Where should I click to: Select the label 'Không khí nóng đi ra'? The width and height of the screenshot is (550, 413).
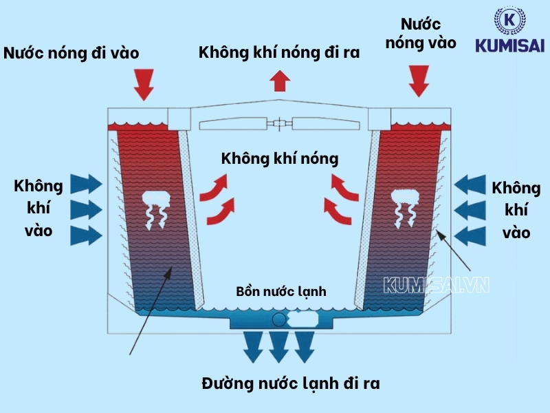tap(279, 52)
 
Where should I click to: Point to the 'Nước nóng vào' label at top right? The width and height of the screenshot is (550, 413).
tap(421, 33)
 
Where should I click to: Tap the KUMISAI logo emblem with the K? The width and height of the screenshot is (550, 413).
tap(510, 21)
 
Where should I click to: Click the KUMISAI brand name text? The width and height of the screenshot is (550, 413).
tap(510, 45)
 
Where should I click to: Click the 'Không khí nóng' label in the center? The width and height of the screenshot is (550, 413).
tap(280, 158)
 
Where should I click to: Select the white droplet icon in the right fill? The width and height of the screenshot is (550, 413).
tap(404, 207)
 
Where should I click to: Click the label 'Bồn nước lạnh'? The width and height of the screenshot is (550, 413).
tap(280, 291)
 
